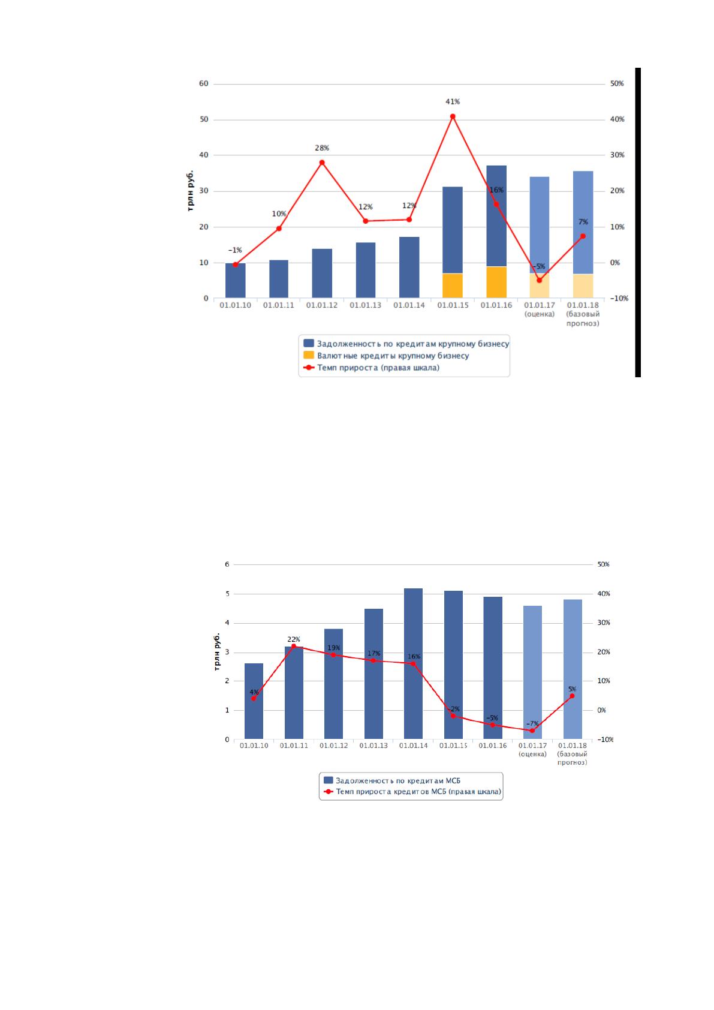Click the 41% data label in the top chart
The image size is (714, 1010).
click(x=453, y=102)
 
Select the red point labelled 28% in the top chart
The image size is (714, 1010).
click(x=322, y=163)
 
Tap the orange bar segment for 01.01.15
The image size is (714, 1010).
click(x=453, y=285)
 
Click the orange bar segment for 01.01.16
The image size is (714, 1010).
click(x=496, y=282)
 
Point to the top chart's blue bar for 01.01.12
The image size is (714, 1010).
click(x=322, y=273)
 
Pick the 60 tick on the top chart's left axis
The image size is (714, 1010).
click(x=204, y=83)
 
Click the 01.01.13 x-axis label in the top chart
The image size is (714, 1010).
click(x=365, y=305)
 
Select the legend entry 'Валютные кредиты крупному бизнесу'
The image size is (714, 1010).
click(x=393, y=356)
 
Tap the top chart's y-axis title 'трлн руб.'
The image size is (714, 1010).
click(x=190, y=191)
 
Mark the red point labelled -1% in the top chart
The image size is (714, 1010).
click(x=235, y=264)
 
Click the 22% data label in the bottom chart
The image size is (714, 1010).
click(x=293, y=639)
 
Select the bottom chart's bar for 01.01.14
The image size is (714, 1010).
click(x=413, y=664)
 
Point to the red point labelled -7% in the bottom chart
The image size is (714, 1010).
click(x=532, y=731)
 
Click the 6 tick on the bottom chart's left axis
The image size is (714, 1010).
click(x=227, y=564)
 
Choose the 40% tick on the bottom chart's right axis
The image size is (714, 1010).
click(x=604, y=594)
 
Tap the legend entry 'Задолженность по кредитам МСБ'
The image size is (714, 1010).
click(x=392, y=780)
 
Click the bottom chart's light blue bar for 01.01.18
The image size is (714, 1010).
click(x=573, y=669)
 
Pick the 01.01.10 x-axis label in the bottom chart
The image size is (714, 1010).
click(x=254, y=746)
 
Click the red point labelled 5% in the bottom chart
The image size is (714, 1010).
click(x=572, y=696)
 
